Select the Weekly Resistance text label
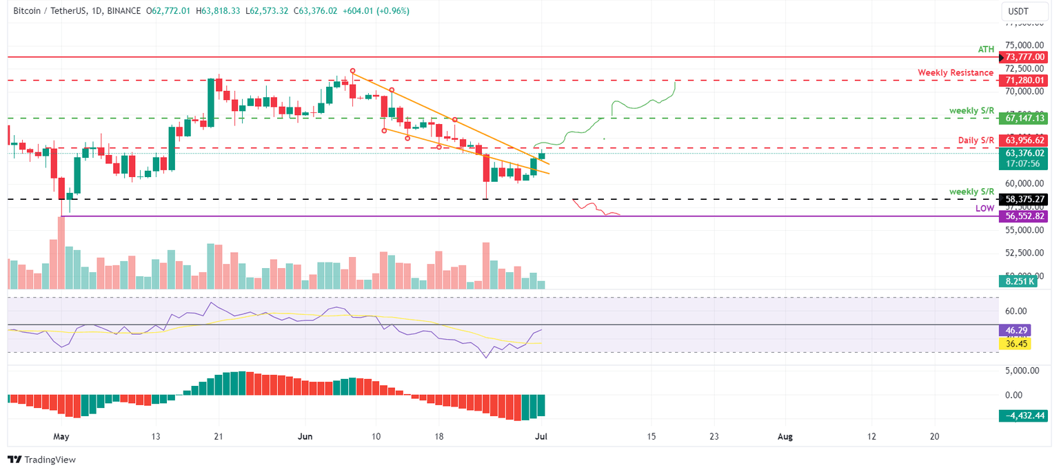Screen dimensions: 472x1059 956,72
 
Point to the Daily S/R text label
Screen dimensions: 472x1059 976,141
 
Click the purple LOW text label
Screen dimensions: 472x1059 985,208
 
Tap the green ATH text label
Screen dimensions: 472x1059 986,50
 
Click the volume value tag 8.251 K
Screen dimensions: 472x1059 1015,281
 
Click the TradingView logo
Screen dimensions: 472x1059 41,460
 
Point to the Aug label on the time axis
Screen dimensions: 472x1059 785,436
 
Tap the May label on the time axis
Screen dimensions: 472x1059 61,436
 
